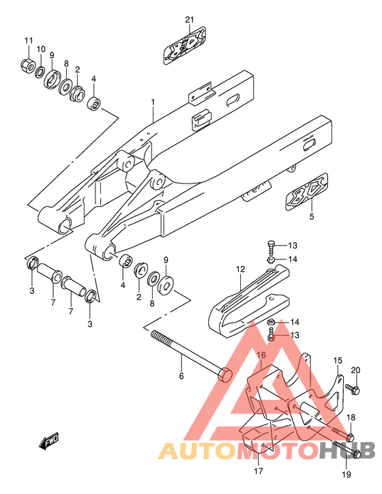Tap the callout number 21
point(190,20)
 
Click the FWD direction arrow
point(49,441)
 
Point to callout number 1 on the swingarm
point(153,102)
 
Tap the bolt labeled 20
point(353,389)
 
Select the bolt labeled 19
point(347,449)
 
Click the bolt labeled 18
point(343,434)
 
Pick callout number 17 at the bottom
point(259,471)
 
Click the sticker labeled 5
point(307,191)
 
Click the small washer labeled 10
point(40,72)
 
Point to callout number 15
point(338,360)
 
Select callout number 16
point(261,355)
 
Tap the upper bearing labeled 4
point(94,104)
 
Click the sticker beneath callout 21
point(185,46)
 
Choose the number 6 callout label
point(181,376)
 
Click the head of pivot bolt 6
point(225,375)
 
